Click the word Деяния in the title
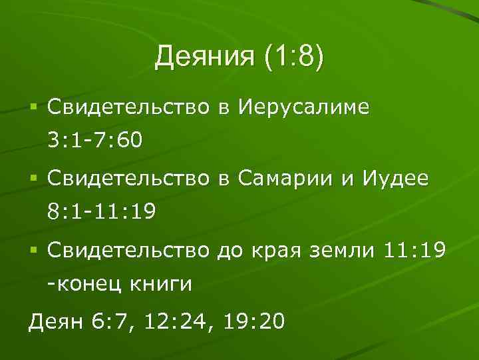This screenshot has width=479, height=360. click(x=204, y=57)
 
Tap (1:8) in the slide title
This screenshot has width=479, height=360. click(x=293, y=57)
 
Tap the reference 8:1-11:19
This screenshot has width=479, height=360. click(x=102, y=212)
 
